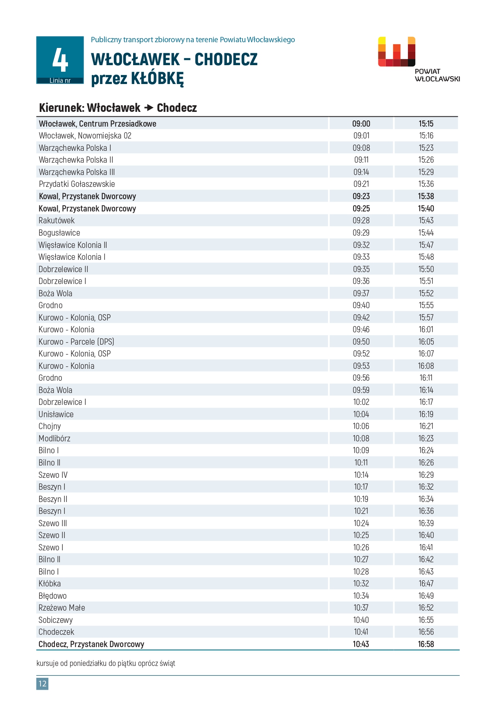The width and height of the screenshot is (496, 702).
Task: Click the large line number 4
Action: pos(60,60)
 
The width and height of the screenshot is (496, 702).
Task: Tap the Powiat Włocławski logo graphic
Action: pos(396,52)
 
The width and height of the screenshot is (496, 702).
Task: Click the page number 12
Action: pos(42,683)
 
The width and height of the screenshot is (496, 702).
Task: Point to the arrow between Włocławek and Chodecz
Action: pos(149,108)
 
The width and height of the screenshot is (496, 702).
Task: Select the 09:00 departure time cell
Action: pos(361,124)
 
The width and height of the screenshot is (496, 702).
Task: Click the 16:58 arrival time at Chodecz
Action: pos(426,644)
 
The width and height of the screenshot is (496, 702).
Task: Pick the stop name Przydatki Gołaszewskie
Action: pos(77,184)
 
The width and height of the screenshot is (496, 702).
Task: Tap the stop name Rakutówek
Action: pos(57,220)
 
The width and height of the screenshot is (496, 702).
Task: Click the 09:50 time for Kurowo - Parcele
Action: pos(361,341)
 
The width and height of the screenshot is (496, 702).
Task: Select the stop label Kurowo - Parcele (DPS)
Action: pos(76,341)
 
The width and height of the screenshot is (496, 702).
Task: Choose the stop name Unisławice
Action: pos(56,414)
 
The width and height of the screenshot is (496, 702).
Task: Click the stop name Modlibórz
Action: pos(54,438)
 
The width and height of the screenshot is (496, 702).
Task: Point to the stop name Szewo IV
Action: pos(53,475)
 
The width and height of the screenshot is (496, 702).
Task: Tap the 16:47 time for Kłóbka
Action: pos(426,583)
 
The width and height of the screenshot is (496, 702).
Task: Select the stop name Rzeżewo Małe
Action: pos(62,607)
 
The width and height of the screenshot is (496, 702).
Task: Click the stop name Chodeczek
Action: pos(57,632)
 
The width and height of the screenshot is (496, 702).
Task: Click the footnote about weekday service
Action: pos(106,663)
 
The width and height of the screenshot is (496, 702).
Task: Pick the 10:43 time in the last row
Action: pos(361,644)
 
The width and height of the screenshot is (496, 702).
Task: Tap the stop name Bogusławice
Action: pos(59,233)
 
